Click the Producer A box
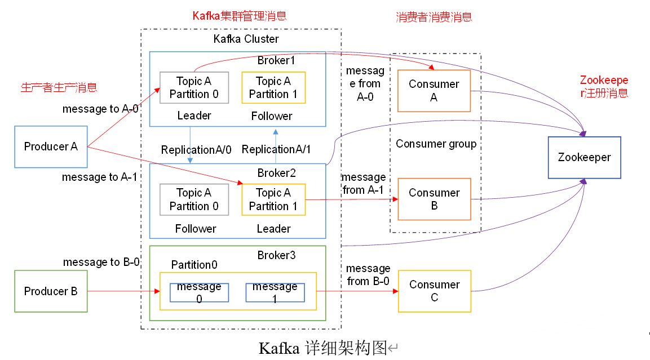tap(51, 147)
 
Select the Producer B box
tap(51, 291)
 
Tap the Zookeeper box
tap(584, 158)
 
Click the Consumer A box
tap(434, 91)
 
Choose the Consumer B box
tap(434, 199)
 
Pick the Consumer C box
tap(434, 291)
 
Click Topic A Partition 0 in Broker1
tap(194, 87)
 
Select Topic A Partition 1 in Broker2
tap(273, 199)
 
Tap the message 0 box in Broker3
tap(199, 292)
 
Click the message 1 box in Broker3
tap(275, 292)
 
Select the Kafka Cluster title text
tap(246, 39)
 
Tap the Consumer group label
tap(436, 144)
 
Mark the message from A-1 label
tap(364, 184)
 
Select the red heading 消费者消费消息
tap(434, 17)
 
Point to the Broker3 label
tap(276, 255)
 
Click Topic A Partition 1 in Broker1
tap(273, 87)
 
